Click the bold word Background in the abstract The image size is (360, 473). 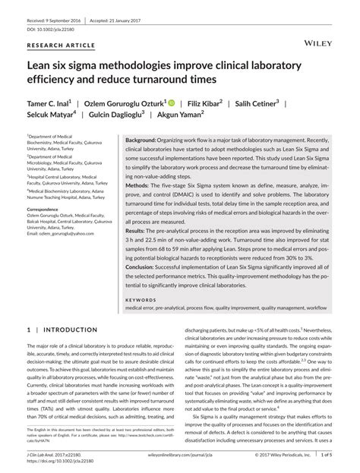pyautogui.click(x=141, y=142)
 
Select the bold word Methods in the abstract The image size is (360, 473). pyautogui.click(x=137, y=185)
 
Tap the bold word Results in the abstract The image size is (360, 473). pyautogui.click(x=137, y=229)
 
